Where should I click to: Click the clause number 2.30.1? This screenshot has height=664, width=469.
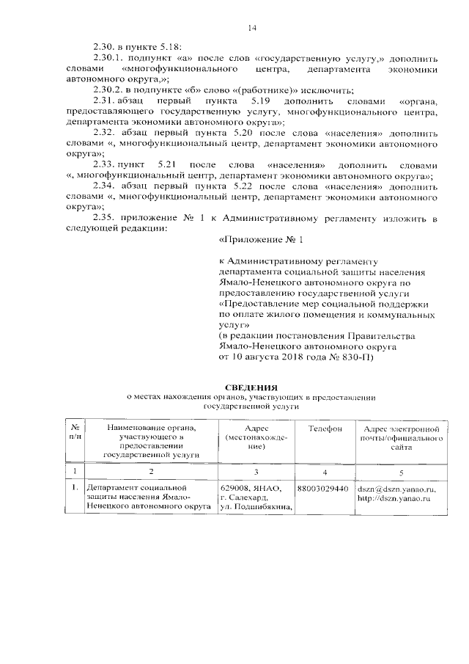[x=111, y=56]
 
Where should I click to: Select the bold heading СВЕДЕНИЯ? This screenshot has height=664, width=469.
[x=251, y=387]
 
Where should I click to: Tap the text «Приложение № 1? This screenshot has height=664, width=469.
[x=261, y=240]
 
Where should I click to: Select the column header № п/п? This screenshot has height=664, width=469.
[x=75, y=433]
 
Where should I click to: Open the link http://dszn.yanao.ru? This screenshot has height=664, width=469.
[x=393, y=498]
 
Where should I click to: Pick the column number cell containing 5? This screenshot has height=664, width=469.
[x=400, y=472]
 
